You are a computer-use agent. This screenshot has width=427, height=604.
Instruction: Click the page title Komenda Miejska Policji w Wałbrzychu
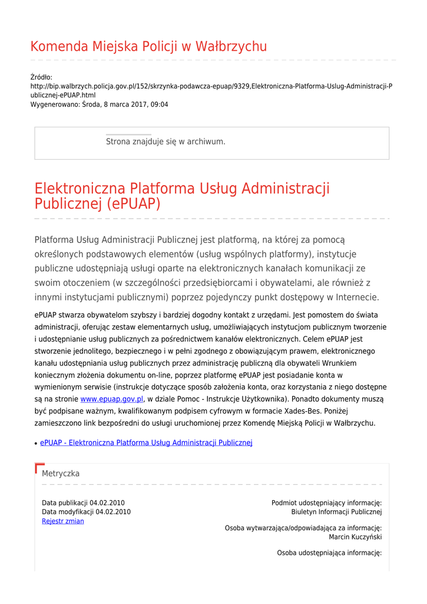(148, 47)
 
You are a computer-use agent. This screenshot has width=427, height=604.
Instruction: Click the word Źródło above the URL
(41, 77)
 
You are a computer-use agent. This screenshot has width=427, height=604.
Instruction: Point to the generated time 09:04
(158, 104)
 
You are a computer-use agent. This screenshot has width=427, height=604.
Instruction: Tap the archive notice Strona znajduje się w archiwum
(165, 142)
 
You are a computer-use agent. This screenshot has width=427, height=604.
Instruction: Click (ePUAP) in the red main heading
(134, 204)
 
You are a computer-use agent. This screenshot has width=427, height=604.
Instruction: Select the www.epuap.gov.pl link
(112, 399)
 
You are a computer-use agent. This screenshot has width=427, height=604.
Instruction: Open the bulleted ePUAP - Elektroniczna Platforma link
(146, 442)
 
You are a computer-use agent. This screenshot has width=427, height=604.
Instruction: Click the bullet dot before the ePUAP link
(36, 443)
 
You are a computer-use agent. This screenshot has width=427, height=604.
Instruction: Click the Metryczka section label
(61, 474)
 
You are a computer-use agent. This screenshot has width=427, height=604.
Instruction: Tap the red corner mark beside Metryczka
(39, 468)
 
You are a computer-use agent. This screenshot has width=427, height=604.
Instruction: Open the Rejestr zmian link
(63, 521)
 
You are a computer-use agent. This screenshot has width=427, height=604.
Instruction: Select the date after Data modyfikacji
(113, 512)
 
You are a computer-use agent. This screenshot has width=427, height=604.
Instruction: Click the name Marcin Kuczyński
(355, 537)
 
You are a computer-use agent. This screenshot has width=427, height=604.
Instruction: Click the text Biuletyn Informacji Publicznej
(336, 512)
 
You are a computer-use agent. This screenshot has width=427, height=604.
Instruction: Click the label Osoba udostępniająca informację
(329, 553)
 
